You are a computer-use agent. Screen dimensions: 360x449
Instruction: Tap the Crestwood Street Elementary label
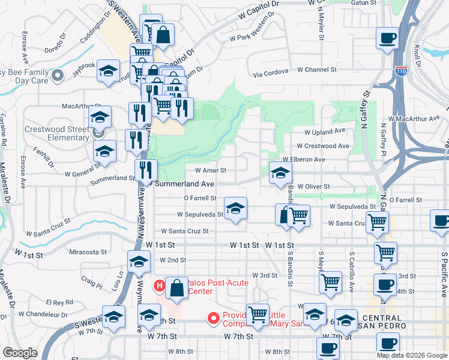[56, 133]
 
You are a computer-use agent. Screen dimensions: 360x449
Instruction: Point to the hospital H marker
[160, 286]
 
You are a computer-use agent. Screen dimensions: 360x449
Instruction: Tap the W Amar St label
[205, 170]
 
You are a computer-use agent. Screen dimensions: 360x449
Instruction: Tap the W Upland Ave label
[325, 131]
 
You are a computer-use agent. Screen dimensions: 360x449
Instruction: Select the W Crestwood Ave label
[327, 146]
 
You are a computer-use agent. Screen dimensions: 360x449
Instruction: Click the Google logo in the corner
[20, 353]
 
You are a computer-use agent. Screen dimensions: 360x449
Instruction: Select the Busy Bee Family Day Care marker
[58, 76]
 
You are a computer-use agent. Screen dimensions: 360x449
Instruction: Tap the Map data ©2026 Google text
[411, 355]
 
